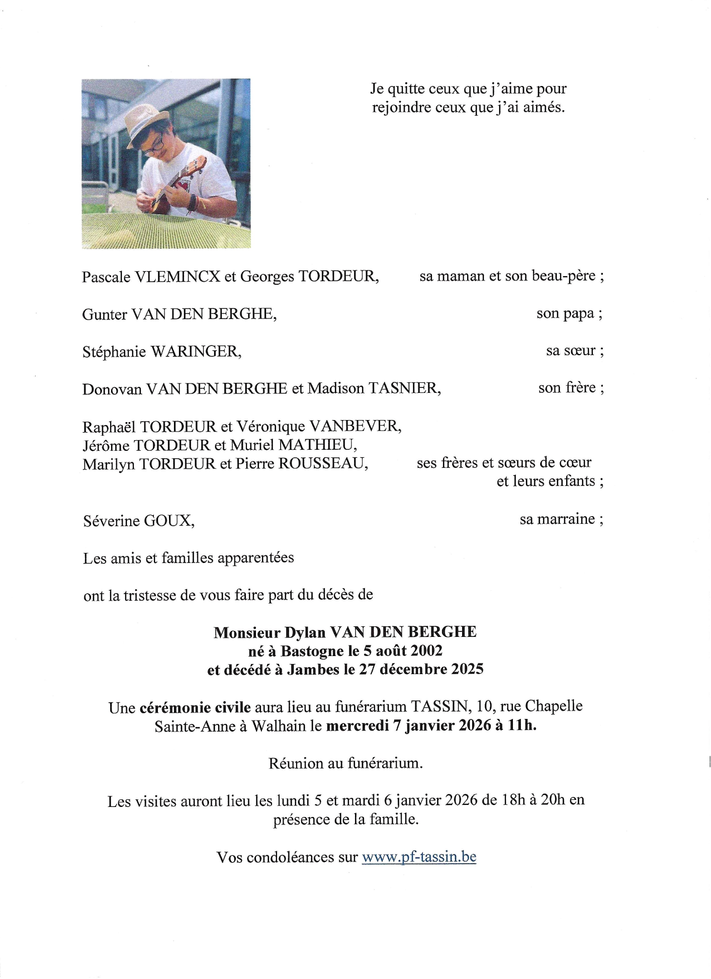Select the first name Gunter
[x=105, y=314]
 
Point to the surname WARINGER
[x=196, y=352]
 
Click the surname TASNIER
[x=405, y=388]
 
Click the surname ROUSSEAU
[x=323, y=463]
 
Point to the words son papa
[x=565, y=314]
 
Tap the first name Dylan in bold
[x=305, y=633]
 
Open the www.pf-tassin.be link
[x=419, y=857]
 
